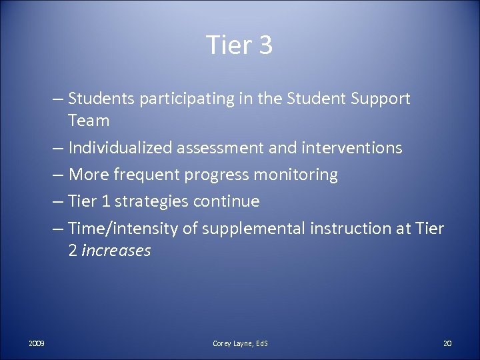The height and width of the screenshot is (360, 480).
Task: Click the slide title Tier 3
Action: (239, 45)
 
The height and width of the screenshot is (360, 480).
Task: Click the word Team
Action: (88, 121)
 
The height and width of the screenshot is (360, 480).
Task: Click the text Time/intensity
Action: (123, 229)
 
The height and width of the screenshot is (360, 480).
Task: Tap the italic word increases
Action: (116, 251)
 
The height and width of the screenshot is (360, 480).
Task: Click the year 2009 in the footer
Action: (37, 343)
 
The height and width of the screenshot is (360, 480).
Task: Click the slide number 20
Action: (447, 343)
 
